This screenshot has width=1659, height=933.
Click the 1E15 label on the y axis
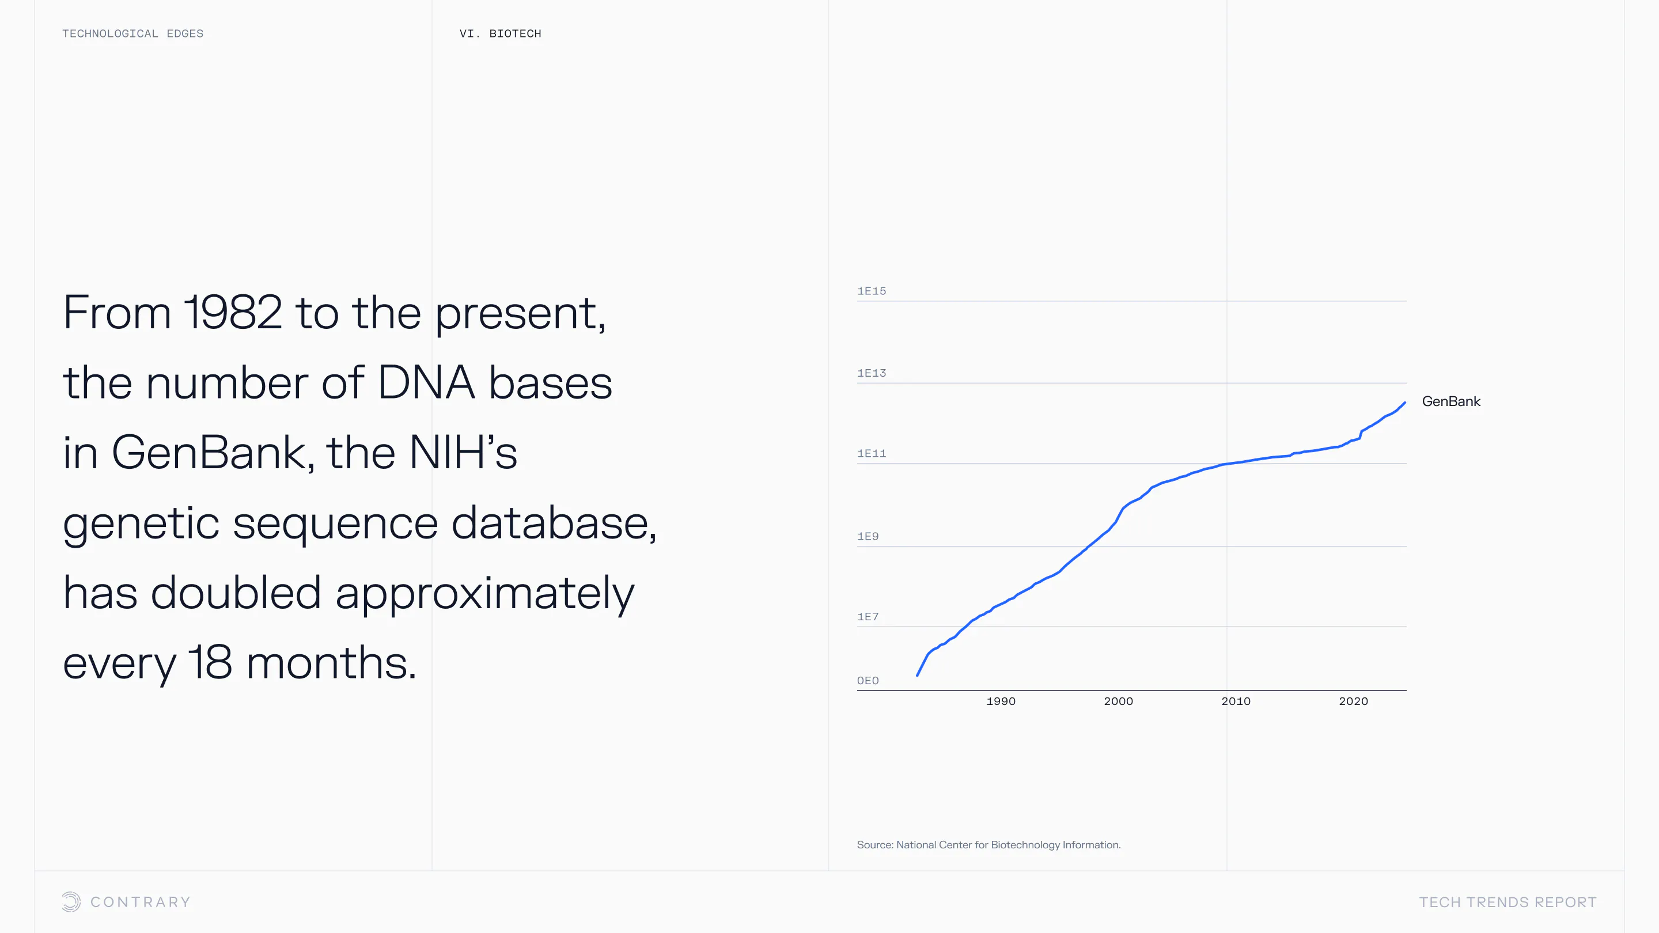point(872,291)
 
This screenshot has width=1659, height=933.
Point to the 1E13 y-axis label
point(872,373)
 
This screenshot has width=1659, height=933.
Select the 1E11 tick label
point(872,454)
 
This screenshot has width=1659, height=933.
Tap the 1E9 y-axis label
point(868,536)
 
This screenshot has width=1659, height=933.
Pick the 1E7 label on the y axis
point(868,617)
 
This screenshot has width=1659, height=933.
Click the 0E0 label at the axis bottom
point(868,681)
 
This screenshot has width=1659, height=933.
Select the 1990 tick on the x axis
point(1001,701)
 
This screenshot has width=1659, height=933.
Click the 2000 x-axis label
point(1118,701)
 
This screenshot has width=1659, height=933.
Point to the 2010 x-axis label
point(1236,701)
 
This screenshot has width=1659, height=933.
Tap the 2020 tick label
point(1353,701)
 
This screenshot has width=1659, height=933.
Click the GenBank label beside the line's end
point(1451,402)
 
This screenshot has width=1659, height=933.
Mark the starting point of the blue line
point(917,675)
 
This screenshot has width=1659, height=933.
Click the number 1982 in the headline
point(233,313)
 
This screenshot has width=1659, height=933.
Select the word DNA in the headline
point(426,382)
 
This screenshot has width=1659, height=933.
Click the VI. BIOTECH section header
point(501,33)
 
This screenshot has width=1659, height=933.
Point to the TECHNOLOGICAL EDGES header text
point(132,33)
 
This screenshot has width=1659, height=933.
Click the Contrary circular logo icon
point(71,901)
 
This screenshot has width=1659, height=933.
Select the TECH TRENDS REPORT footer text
point(1508,902)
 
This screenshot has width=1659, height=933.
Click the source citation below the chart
point(988,845)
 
